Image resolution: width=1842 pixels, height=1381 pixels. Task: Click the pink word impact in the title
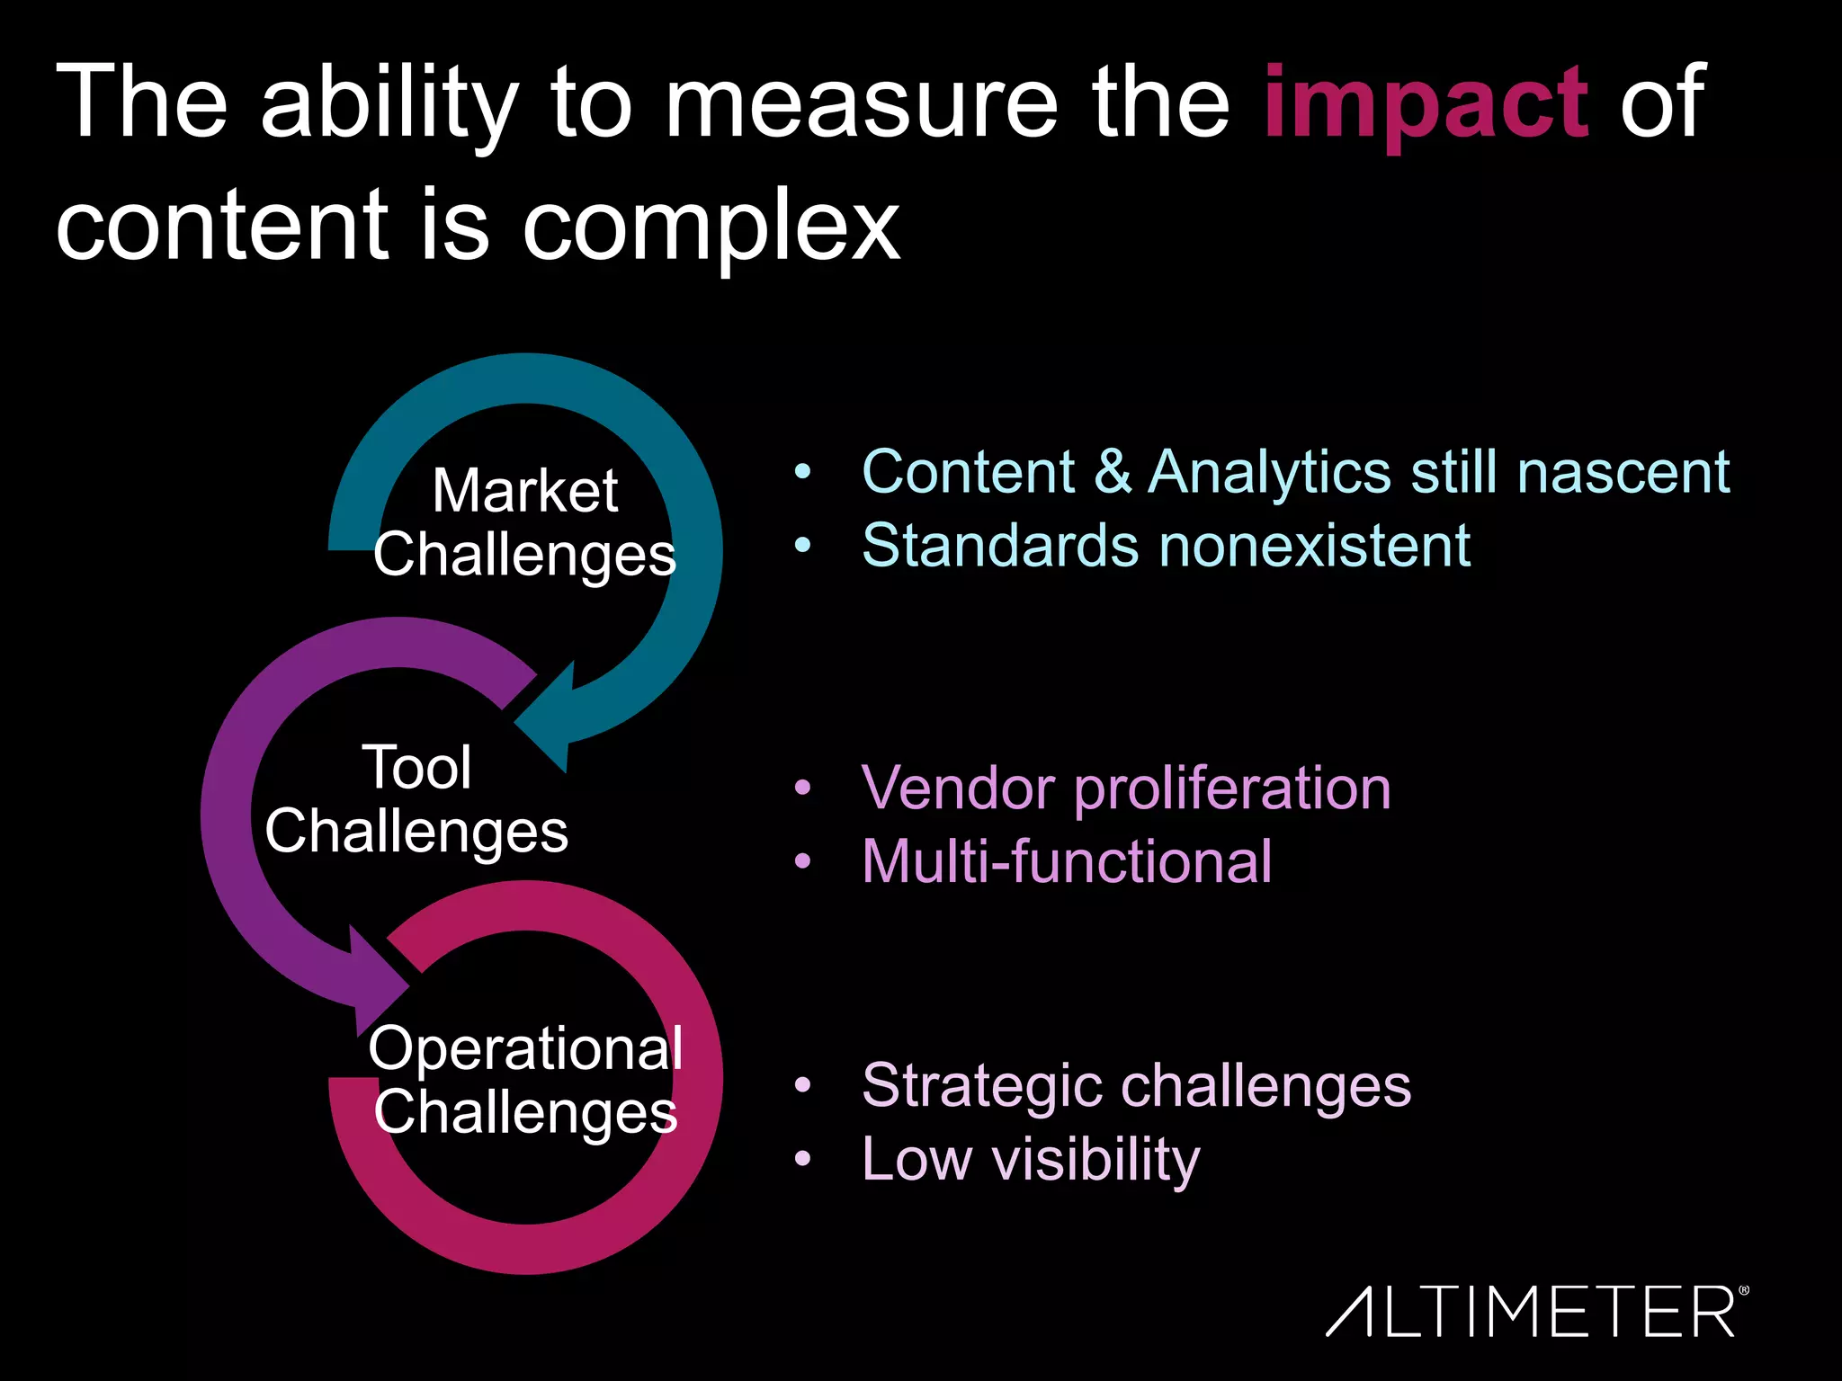point(1426,104)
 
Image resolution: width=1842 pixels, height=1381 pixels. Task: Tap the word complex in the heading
point(711,227)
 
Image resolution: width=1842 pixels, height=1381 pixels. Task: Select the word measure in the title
point(861,104)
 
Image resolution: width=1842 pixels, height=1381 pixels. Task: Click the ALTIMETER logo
point(1536,1312)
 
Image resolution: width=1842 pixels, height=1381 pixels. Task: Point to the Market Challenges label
point(524,522)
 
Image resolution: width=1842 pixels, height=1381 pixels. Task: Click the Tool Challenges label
point(416,798)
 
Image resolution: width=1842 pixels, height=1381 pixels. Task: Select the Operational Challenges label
point(525,1080)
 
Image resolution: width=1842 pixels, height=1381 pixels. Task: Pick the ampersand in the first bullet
point(1113,472)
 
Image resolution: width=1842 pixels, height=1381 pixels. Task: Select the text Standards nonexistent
point(1166,546)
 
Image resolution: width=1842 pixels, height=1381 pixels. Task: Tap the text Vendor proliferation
point(1126,789)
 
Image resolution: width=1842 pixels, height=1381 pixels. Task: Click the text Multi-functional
point(1067,862)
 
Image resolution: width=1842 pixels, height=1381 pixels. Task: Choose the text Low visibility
point(1031,1159)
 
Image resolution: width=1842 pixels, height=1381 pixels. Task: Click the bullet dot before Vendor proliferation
point(803,789)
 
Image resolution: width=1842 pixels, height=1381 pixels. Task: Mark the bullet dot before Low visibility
point(803,1159)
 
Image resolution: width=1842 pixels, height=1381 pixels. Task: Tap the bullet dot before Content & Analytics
point(803,471)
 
